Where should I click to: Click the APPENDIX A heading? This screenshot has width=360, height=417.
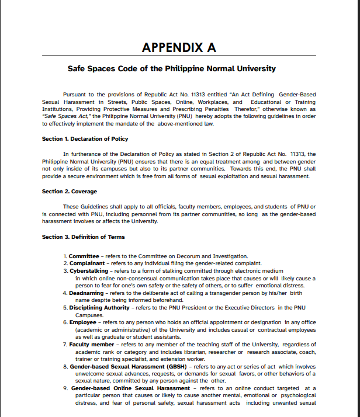(179, 47)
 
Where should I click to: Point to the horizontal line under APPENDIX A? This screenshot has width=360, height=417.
(179, 55)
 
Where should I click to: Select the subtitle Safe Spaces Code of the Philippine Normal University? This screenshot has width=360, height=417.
(171, 69)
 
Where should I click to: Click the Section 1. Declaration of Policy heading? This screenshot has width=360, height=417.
(85, 139)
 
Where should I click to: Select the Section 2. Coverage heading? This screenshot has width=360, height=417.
(70, 192)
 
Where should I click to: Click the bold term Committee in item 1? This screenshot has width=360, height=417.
(84, 256)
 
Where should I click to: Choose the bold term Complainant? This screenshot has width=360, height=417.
(88, 263)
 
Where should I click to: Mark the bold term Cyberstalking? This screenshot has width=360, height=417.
(89, 271)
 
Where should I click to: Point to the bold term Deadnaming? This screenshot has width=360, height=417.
(87, 293)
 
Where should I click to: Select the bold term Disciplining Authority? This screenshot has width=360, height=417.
(99, 308)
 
